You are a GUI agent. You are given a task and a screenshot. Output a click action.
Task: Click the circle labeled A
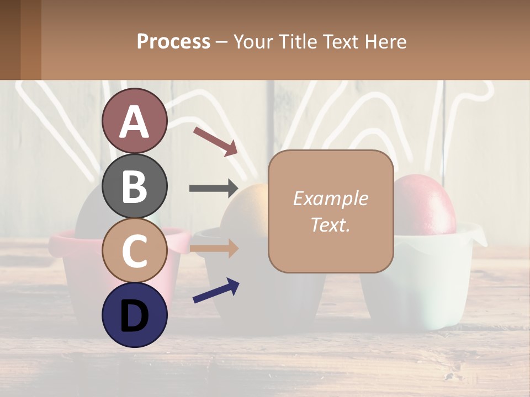point(135,121)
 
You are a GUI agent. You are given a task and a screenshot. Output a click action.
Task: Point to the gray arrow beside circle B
point(213,189)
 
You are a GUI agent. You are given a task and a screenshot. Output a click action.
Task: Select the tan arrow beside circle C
point(213,249)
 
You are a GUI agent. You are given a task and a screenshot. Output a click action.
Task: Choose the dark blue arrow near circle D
point(216,291)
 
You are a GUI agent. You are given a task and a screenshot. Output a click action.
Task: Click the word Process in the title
point(173,41)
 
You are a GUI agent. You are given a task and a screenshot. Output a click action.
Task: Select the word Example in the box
point(330,199)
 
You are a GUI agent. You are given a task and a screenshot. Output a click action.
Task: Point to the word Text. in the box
point(330,224)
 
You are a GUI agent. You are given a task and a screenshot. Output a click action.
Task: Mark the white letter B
point(135,186)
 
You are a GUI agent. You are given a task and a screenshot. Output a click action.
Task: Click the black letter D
point(135,315)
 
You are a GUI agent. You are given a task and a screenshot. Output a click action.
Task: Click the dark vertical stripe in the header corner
point(10,40)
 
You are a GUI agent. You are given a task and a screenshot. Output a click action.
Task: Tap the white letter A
point(135,122)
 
